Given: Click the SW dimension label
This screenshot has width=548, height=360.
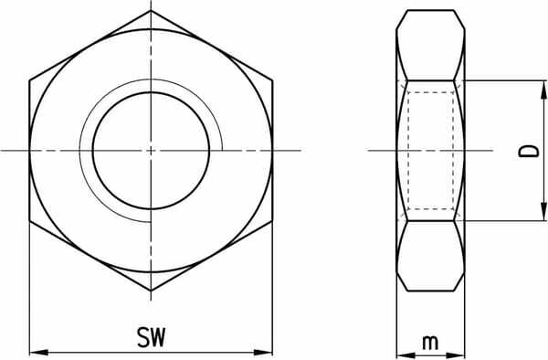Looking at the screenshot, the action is coord(151,337).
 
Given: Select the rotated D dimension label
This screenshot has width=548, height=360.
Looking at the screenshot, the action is coord(529,151).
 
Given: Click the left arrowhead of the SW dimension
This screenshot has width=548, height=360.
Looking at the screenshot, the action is coord(38,353).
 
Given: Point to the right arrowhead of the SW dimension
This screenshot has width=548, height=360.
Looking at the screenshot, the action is coord(263,353).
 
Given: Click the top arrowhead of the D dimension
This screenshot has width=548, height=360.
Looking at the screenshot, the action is coord(543,90).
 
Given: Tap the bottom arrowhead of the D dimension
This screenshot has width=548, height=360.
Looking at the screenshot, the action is coord(543,211).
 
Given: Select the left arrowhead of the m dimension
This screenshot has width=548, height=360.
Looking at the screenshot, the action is coord(406,355).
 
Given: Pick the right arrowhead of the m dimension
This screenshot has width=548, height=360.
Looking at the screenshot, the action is coord(456,355).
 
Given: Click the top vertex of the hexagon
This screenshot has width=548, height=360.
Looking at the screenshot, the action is coord(151,11).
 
